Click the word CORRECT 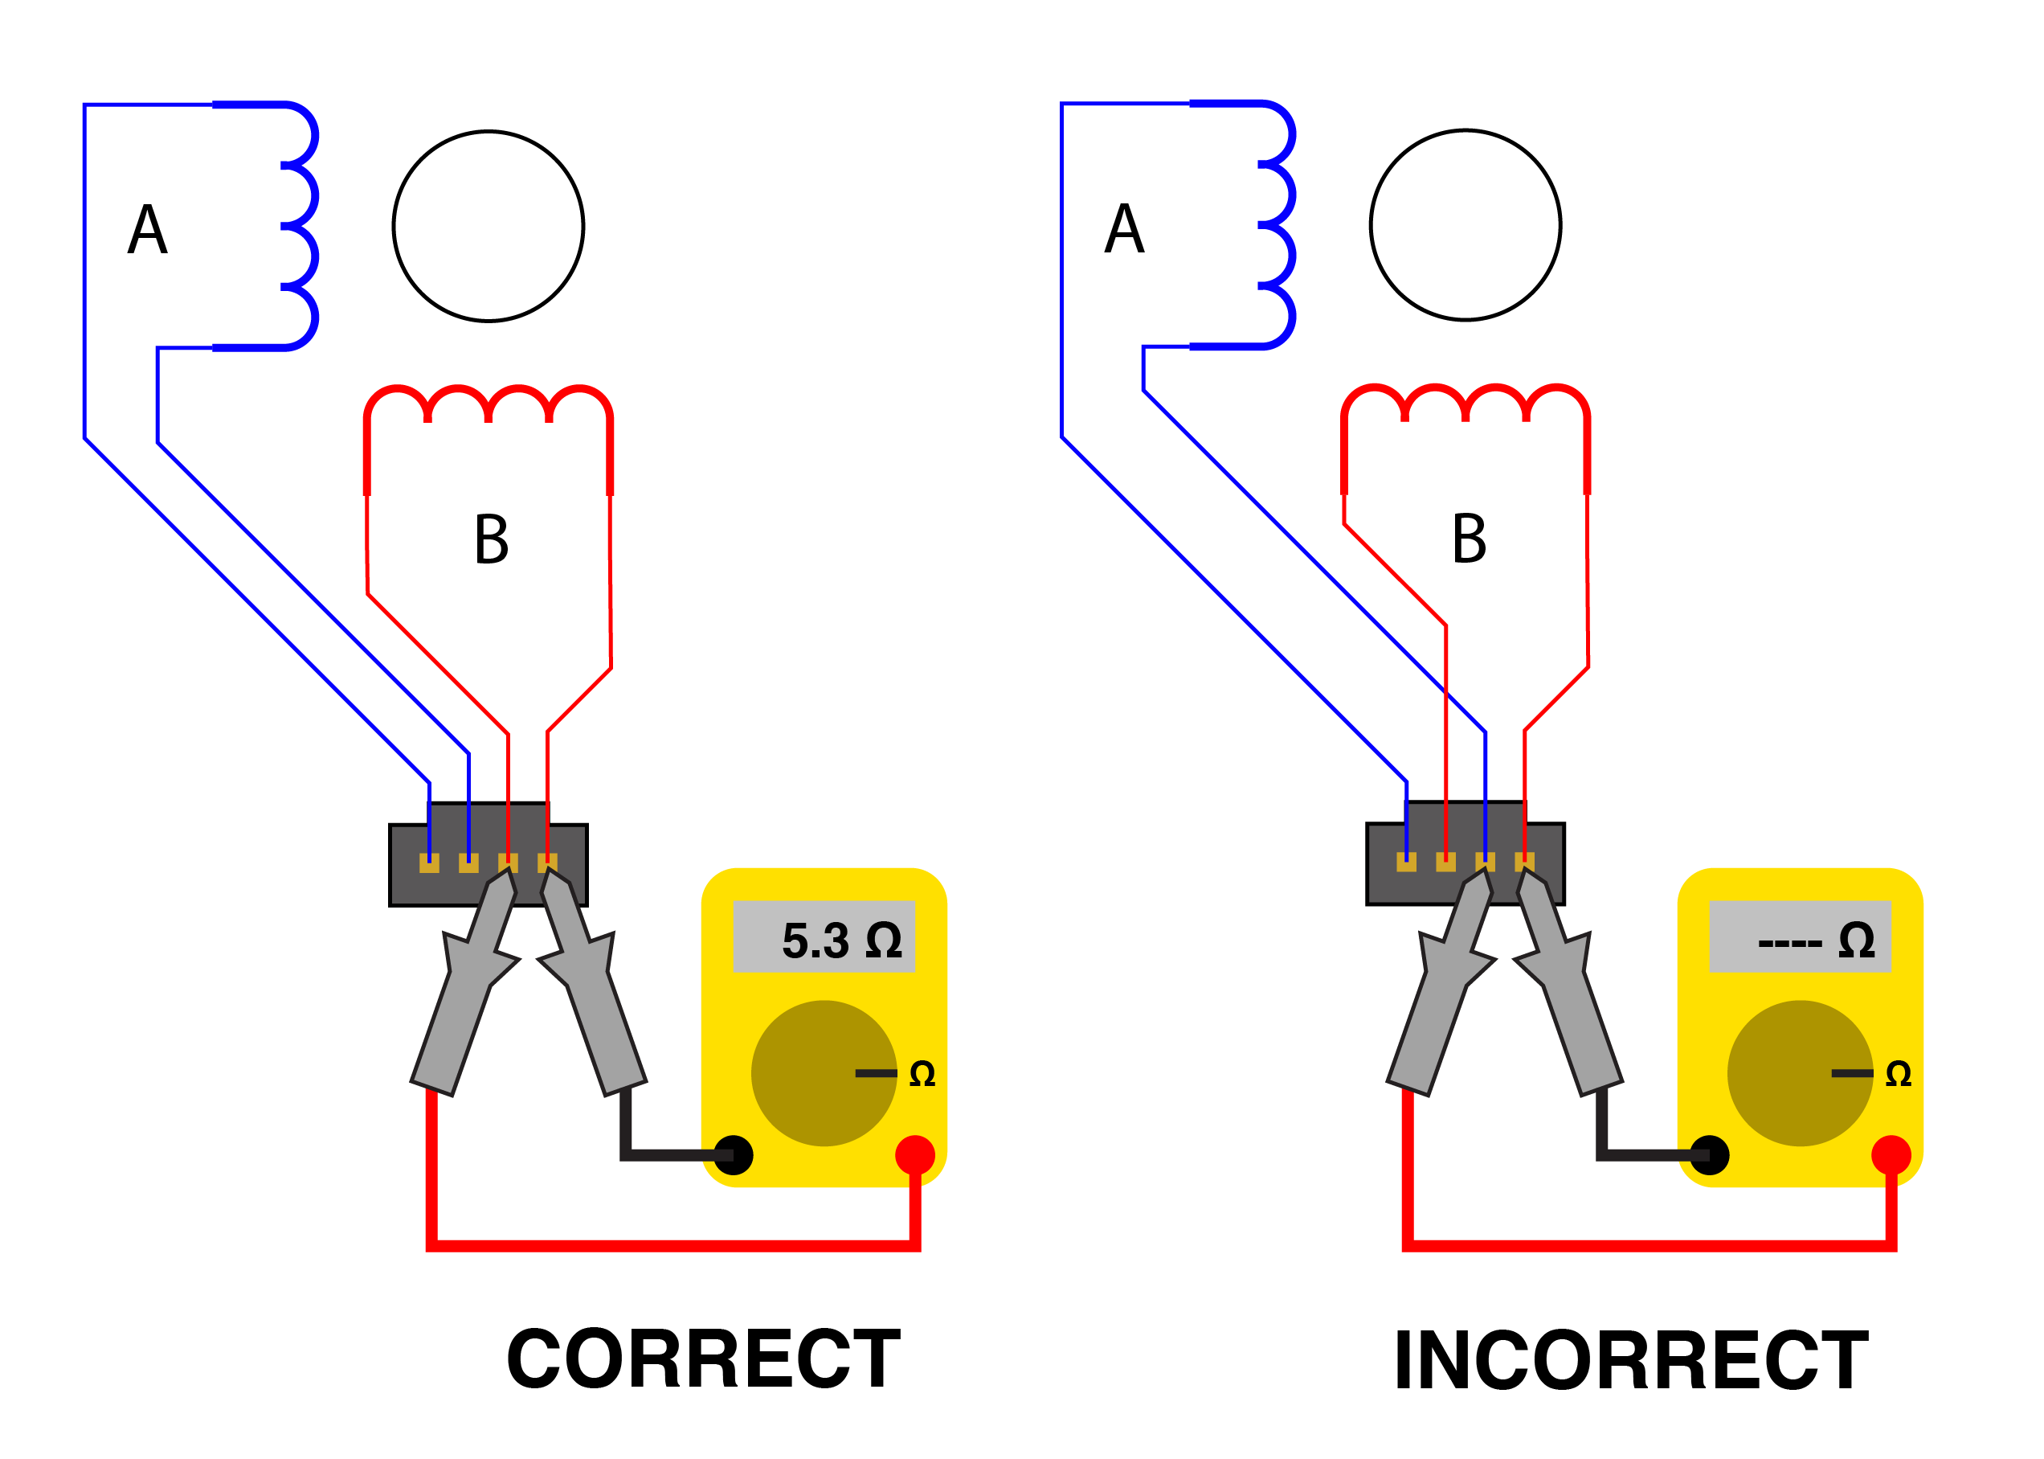(x=703, y=1359)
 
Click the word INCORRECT (x=1631, y=1360)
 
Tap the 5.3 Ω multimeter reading (x=840, y=940)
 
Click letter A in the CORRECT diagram (x=147, y=229)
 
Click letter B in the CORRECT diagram (x=491, y=539)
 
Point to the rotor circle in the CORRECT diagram (x=489, y=227)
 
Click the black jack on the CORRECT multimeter (x=734, y=1155)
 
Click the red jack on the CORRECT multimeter (x=915, y=1155)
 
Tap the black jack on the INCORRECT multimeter (x=1710, y=1155)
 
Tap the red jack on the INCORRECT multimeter (x=1891, y=1155)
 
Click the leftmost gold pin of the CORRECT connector (x=429, y=863)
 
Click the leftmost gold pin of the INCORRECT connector (x=1406, y=863)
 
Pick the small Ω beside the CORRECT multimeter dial (x=922, y=1074)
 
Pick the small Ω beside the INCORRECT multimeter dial (x=1899, y=1074)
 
